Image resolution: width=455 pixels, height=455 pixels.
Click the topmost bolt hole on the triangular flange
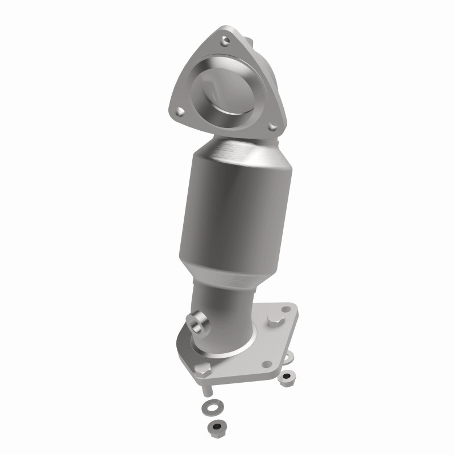(226, 40)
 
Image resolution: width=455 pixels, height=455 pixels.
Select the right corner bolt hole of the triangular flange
(272, 126)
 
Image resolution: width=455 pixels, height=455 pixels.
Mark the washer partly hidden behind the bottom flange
(289, 359)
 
